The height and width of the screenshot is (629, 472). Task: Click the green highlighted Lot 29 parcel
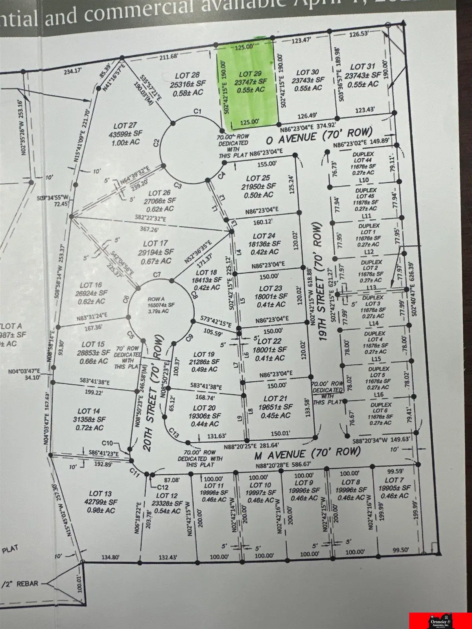click(x=248, y=85)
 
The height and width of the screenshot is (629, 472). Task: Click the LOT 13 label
click(x=100, y=493)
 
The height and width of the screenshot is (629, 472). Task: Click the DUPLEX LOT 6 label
click(x=381, y=408)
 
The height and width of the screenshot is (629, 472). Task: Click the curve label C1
click(x=197, y=111)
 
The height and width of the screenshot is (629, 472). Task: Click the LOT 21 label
click(x=276, y=399)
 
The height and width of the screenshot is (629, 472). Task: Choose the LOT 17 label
click(x=156, y=244)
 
